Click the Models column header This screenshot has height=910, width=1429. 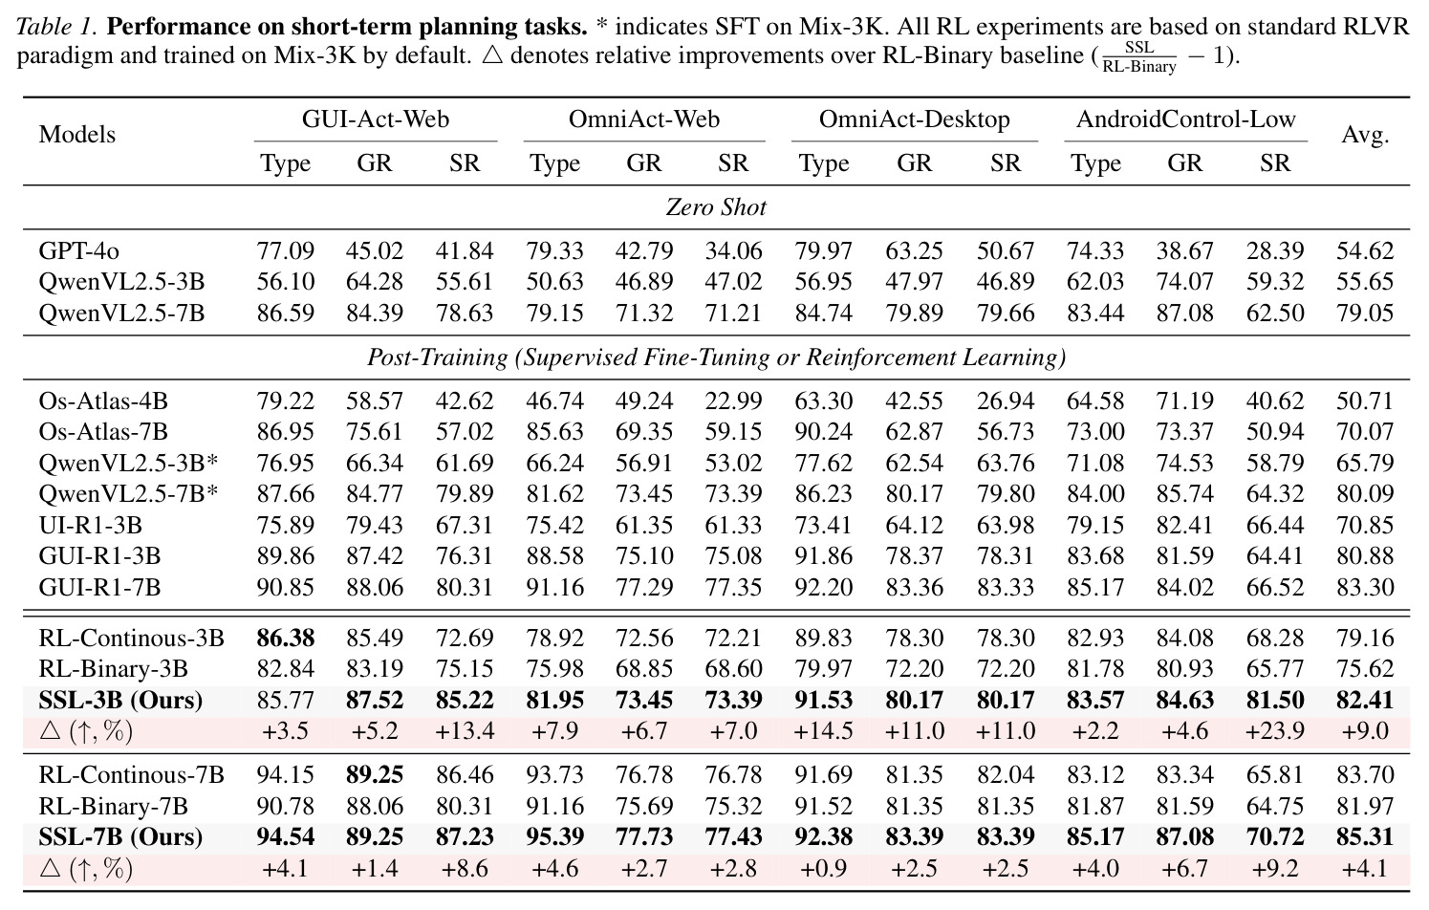(x=77, y=135)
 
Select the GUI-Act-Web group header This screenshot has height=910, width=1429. (x=375, y=119)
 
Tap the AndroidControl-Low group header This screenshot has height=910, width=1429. (x=1186, y=119)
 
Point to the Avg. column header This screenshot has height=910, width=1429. (x=1365, y=135)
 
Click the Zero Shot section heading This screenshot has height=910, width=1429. (x=716, y=207)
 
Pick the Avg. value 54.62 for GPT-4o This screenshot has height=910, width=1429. (x=1365, y=250)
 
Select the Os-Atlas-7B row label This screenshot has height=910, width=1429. (x=103, y=432)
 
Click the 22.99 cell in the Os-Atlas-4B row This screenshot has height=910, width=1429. (x=733, y=401)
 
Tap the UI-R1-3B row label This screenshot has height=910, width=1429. (x=90, y=525)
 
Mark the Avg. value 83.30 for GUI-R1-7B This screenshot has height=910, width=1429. (x=1365, y=587)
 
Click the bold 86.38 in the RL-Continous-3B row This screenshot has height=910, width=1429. (x=285, y=639)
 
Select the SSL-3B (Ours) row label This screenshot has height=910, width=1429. (x=120, y=700)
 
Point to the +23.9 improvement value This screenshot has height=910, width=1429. (x=1275, y=730)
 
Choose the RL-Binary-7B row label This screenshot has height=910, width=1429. (x=114, y=806)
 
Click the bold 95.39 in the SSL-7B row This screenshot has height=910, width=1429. (x=554, y=836)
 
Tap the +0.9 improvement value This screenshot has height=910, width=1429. (x=824, y=869)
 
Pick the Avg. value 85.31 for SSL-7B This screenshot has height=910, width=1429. (x=1365, y=836)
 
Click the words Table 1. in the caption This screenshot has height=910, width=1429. (x=56, y=27)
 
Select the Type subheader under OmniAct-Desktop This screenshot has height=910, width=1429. (x=824, y=163)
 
